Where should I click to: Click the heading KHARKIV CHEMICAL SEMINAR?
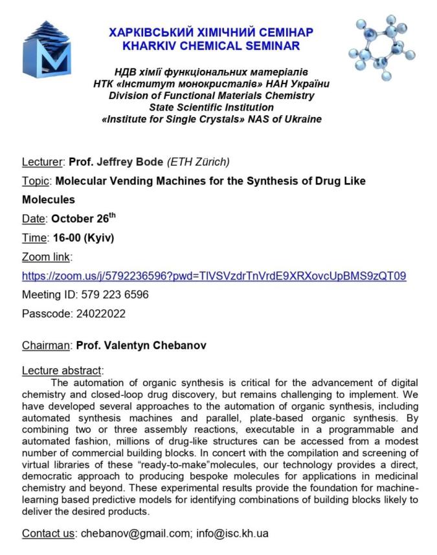click(211, 46)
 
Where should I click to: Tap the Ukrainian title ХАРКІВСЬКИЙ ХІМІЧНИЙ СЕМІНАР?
click(211, 32)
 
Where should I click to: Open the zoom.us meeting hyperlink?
click(214, 276)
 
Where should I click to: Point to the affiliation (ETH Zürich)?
click(198, 162)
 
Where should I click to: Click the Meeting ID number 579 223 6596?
click(115, 294)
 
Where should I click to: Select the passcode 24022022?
click(98, 314)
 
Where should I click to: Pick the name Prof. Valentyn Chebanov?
click(141, 345)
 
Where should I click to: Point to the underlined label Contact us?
click(49, 534)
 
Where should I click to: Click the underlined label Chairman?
click(45, 345)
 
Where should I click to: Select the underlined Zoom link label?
click(46, 257)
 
